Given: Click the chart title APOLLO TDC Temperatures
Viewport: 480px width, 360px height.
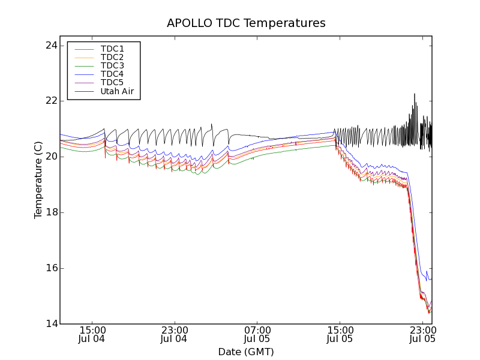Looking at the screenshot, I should tap(246, 23).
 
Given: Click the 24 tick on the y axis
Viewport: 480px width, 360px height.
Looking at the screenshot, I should tap(50, 46).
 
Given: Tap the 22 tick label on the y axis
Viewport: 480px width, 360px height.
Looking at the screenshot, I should tap(50, 101).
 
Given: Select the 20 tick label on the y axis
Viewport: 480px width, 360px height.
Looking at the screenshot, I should tap(50, 157).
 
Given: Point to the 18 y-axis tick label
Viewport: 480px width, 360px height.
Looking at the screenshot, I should tap(50, 212).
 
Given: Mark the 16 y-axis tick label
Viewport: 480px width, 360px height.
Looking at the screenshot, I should tap(50, 268).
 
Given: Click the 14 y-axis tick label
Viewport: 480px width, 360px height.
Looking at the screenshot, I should tap(50, 324).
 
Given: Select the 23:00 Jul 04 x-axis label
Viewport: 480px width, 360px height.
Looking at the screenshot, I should tap(175, 334).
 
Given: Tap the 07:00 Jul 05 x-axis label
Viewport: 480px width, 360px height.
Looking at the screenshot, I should tap(257, 334).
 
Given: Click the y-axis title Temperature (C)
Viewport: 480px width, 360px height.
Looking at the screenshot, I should tap(38, 180).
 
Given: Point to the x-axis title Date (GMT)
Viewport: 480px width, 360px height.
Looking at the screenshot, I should tap(246, 352).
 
